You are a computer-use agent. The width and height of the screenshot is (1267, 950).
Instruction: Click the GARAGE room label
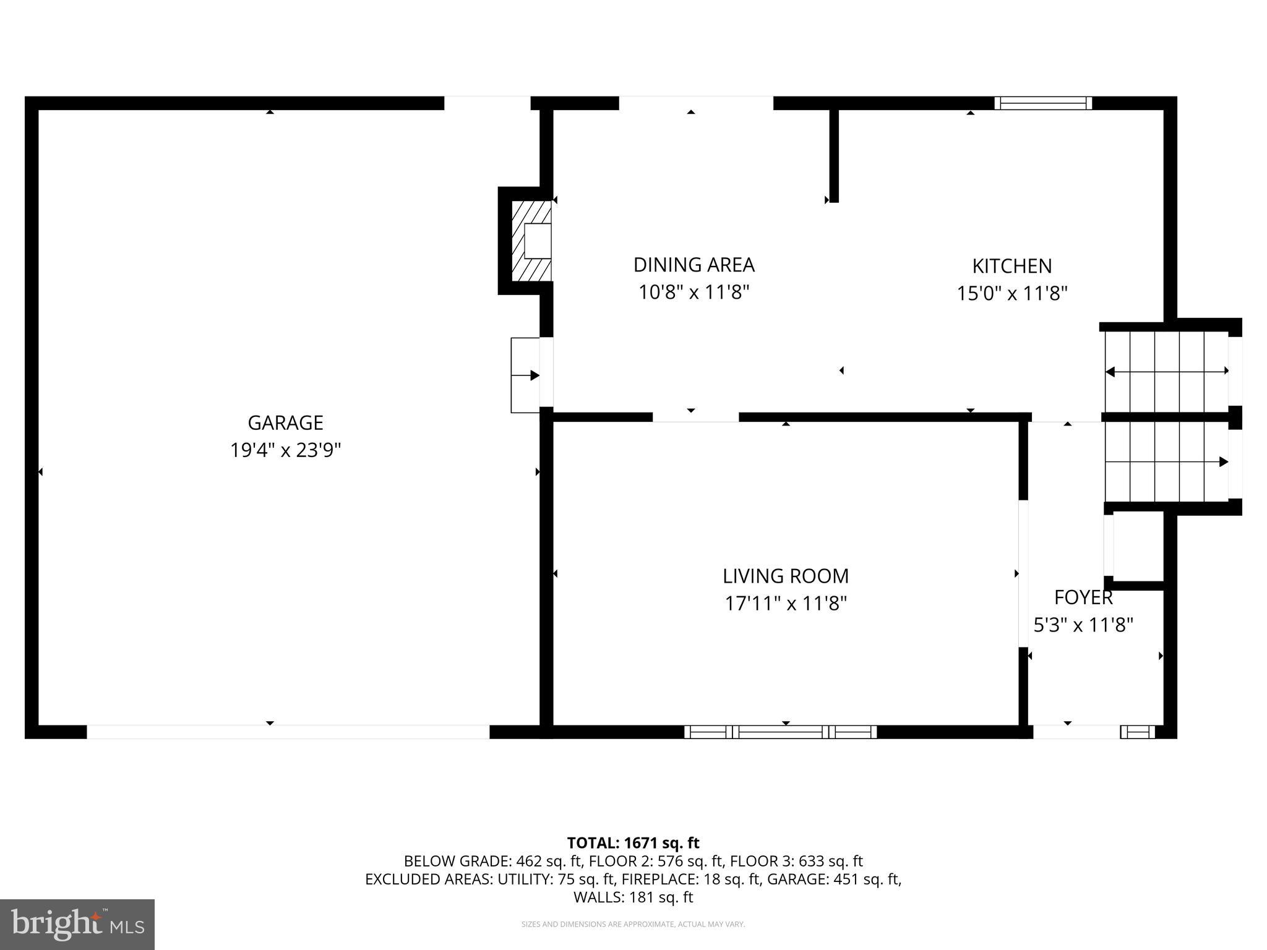click(x=285, y=423)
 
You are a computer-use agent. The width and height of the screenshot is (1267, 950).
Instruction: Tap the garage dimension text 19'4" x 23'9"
click(x=285, y=450)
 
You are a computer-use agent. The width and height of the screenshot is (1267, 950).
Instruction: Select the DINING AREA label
click(x=694, y=265)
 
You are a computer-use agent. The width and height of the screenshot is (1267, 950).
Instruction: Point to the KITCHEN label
click(x=1011, y=266)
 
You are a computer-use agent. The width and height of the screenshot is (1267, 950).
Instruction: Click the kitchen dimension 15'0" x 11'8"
click(x=1011, y=293)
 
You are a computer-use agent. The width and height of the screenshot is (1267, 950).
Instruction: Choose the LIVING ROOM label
click(x=786, y=576)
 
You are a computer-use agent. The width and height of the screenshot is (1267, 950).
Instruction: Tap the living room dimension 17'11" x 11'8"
click(x=786, y=603)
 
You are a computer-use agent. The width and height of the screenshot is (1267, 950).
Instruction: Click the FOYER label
click(x=1083, y=597)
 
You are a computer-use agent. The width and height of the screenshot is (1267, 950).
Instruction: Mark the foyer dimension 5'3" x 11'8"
click(x=1083, y=625)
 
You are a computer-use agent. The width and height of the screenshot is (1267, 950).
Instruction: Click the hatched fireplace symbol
click(x=531, y=241)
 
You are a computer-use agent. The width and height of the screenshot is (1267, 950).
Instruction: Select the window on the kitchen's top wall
click(x=1043, y=103)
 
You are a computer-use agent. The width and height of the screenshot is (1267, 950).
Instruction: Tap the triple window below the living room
click(x=780, y=732)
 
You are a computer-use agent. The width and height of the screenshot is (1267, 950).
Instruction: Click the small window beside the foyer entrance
click(x=1137, y=732)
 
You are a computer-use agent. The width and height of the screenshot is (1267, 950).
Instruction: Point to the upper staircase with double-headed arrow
click(x=1166, y=371)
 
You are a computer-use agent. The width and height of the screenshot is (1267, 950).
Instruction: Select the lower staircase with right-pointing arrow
click(x=1166, y=462)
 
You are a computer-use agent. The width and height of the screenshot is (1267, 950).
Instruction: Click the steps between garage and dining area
click(x=525, y=375)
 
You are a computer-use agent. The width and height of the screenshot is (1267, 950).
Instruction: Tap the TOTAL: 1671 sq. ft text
click(x=633, y=843)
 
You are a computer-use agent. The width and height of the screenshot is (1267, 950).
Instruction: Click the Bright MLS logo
click(x=77, y=924)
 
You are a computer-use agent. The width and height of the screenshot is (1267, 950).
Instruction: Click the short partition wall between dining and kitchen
click(x=833, y=155)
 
